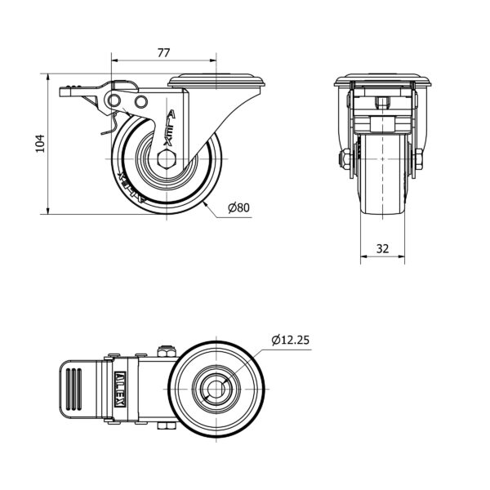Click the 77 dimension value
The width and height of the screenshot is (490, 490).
[x=163, y=53]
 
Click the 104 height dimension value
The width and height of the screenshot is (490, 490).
[x=40, y=144]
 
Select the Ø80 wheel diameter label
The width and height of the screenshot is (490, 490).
[x=239, y=207]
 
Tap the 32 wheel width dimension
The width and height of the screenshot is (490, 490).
[x=382, y=248]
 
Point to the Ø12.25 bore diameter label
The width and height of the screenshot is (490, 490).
[x=290, y=340]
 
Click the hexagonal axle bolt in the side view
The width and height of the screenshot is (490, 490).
[x=167, y=159]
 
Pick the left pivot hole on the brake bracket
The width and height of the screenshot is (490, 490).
[x=114, y=100]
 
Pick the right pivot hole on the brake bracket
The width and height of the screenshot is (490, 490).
[x=141, y=101]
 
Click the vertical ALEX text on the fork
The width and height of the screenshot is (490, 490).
[x=170, y=127]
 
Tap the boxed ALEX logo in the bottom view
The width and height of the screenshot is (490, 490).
[x=121, y=390]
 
